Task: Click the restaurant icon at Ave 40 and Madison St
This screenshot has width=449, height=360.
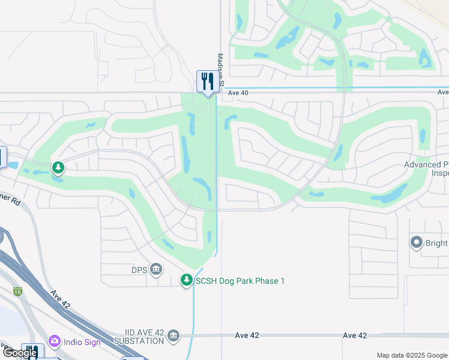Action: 207,81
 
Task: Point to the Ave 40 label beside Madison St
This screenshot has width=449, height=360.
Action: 238,92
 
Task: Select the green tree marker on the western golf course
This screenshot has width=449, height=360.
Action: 58,167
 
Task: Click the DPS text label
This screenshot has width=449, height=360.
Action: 139,269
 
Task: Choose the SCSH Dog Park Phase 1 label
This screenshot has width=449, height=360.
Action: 240,281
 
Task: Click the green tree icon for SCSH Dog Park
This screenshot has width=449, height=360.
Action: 187,280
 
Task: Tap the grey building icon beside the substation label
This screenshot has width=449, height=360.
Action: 173,335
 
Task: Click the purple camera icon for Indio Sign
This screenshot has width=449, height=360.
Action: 55,341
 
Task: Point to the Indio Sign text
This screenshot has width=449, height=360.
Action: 83,342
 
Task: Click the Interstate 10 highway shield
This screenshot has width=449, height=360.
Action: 17,292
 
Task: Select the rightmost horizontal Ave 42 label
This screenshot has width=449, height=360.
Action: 354,335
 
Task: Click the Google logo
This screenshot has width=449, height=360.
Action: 20,353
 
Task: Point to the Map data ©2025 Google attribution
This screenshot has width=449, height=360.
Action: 412,355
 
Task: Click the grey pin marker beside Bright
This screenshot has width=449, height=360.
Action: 416,242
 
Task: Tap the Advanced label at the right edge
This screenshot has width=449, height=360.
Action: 426,164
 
